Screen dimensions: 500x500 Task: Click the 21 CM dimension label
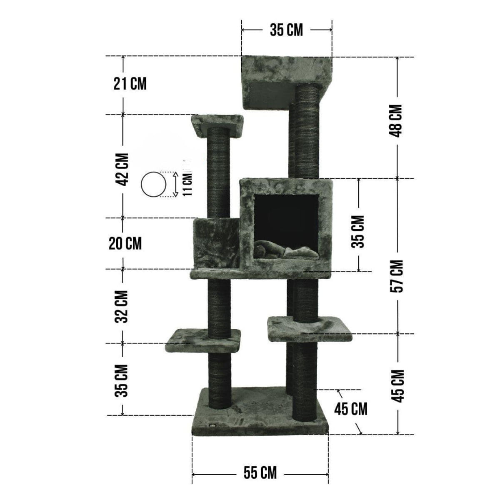tap(130, 84)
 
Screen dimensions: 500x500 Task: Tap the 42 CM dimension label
tap(122, 170)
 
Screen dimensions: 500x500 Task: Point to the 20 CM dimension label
tap(125, 243)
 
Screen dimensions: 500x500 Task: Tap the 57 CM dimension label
tap(397, 276)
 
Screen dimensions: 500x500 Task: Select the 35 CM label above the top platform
tap(286, 30)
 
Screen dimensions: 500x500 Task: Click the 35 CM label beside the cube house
tap(358, 231)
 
